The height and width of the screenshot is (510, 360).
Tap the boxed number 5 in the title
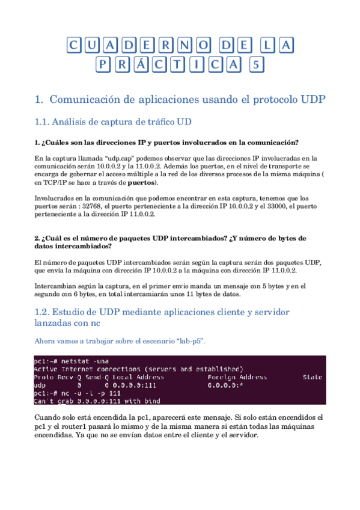[x=257, y=65]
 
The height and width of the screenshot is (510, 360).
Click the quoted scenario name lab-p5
[x=188, y=341]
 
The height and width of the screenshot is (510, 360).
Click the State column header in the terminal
[x=313, y=377]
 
